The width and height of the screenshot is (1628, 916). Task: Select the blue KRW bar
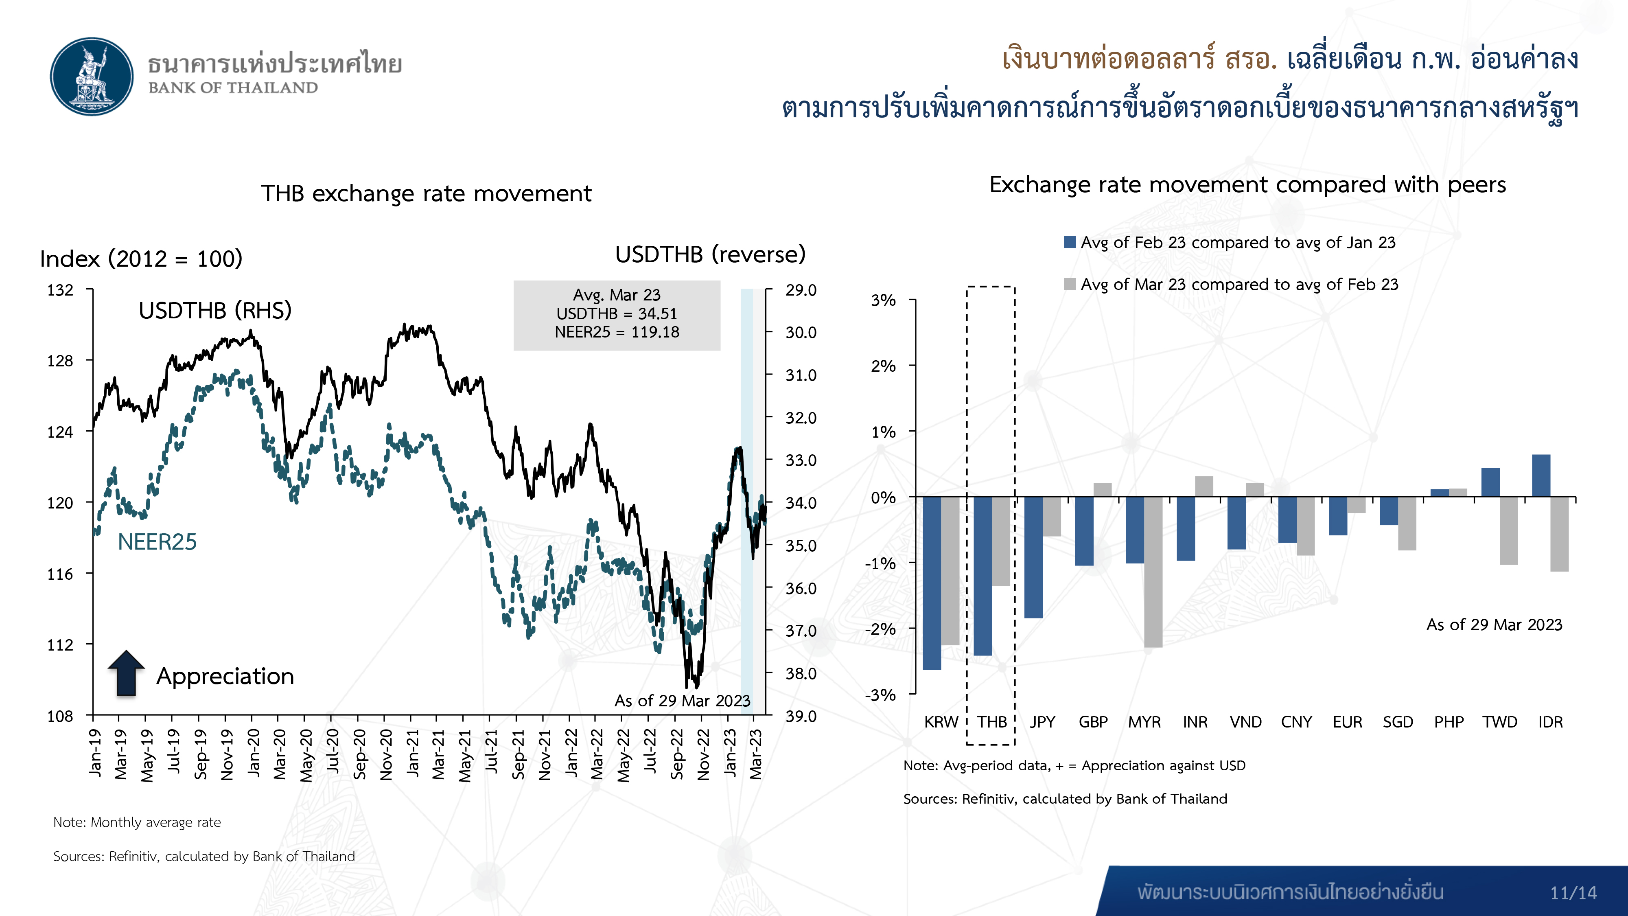click(x=932, y=583)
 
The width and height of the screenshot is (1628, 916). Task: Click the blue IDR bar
click(x=1541, y=476)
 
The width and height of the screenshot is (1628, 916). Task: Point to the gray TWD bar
click(x=1509, y=530)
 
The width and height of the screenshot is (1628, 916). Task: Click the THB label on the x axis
click(x=991, y=722)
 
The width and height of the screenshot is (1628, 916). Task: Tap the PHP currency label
click(x=1449, y=722)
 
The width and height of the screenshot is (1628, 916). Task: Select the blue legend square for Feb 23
click(x=1069, y=242)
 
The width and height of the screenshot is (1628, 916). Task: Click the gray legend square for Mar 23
click(x=1069, y=284)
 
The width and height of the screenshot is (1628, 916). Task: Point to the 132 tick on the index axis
click(x=60, y=290)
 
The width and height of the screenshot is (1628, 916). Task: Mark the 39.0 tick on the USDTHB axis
click(x=801, y=716)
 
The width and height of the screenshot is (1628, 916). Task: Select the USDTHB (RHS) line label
click(x=215, y=310)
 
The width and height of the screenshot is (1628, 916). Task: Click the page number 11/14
click(x=1573, y=893)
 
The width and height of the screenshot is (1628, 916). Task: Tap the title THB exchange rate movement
click(x=426, y=193)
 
